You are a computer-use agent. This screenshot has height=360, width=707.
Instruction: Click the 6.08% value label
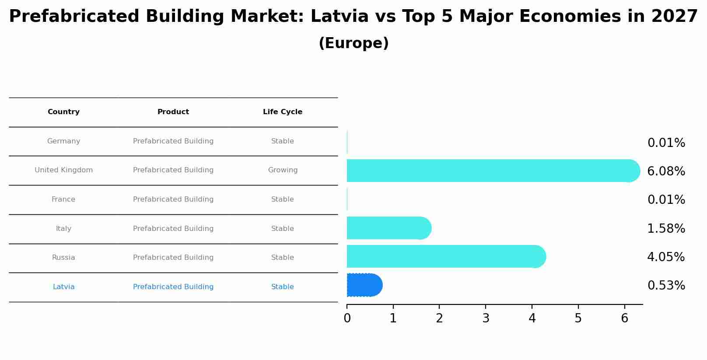[x=666, y=171]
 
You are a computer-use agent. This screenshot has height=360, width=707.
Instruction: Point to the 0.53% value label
[x=666, y=286]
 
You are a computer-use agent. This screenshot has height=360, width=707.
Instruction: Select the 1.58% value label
[x=666, y=229]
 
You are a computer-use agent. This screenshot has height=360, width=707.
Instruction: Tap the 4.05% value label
[x=666, y=257]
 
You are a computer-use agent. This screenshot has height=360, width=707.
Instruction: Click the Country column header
[x=63, y=112]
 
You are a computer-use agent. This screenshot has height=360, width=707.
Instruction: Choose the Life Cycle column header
[x=283, y=112]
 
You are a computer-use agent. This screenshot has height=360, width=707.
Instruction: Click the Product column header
[x=173, y=112]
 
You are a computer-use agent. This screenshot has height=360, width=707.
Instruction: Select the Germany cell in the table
[x=63, y=141]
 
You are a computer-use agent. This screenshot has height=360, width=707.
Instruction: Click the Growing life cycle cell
[x=283, y=170]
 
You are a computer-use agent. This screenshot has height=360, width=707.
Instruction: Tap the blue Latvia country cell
[x=63, y=287]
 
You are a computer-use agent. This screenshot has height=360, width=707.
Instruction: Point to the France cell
[x=63, y=199]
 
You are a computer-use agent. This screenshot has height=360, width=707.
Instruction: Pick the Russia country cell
[x=63, y=258]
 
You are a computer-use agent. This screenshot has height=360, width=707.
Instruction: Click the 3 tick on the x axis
[x=486, y=318]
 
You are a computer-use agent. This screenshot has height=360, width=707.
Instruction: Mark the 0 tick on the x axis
[x=347, y=318]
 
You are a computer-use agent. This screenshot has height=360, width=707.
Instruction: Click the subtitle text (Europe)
[x=353, y=43]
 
